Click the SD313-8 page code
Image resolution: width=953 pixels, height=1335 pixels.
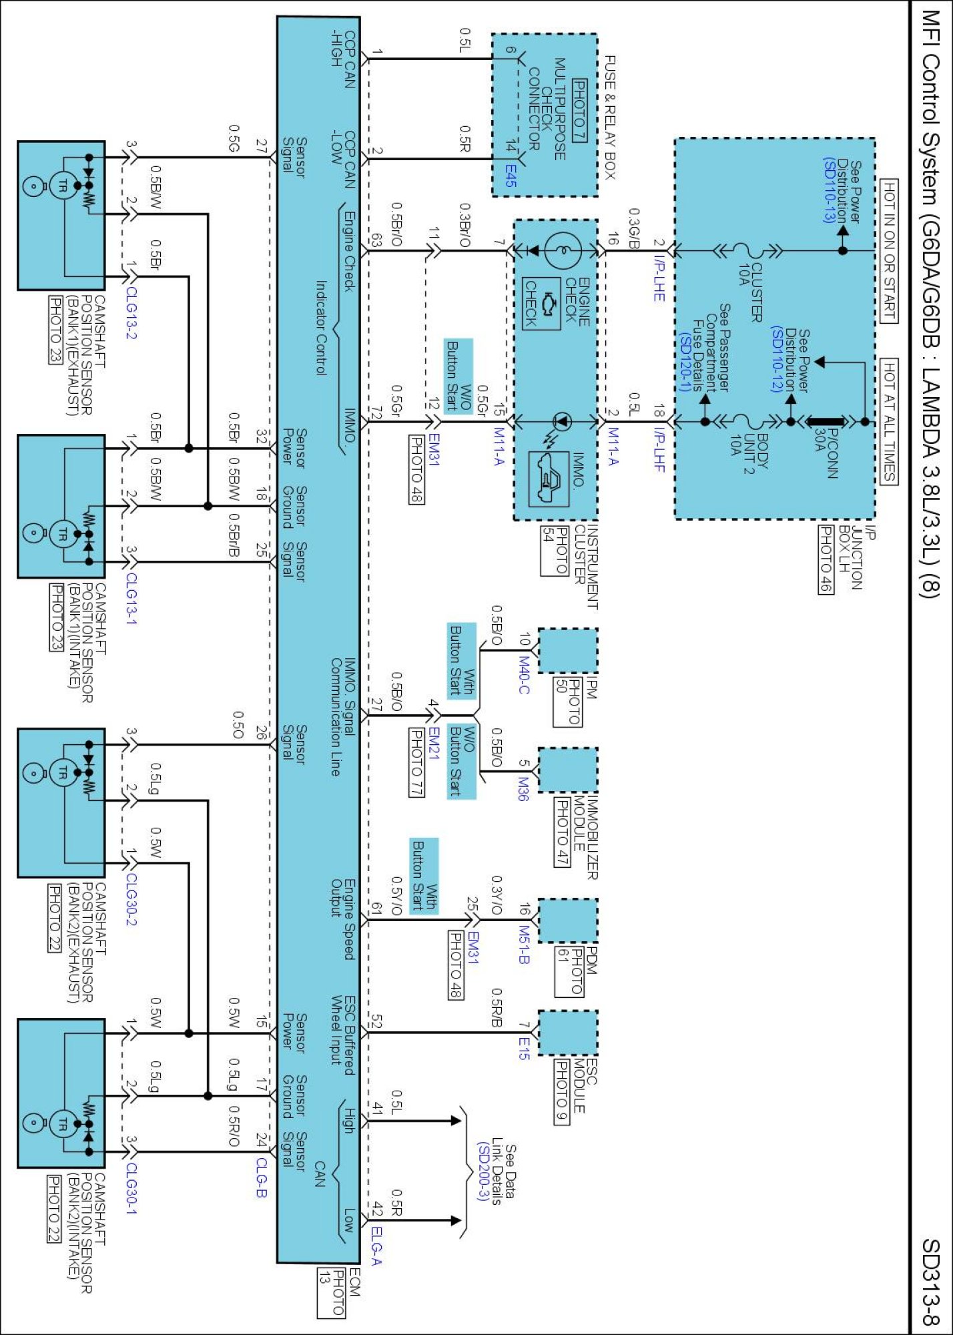pos(931,1281)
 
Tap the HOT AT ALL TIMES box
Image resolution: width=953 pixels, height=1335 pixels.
pos(889,421)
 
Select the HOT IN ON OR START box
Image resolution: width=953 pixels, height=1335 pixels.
pos(889,251)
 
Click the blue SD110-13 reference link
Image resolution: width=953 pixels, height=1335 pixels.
pos(830,190)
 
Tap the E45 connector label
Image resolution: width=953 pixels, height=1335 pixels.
pos(511,176)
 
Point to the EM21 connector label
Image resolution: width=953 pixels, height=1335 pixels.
pos(434,742)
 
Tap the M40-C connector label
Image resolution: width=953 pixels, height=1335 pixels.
pos(524,675)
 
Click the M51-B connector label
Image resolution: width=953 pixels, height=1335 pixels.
pos(524,944)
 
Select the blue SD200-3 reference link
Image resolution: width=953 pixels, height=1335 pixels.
pos(483,1171)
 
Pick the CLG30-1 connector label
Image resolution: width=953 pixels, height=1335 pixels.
pos(131,1188)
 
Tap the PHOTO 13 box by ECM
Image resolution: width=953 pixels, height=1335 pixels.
pos(332,1292)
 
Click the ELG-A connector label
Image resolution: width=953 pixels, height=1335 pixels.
pos(376,1246)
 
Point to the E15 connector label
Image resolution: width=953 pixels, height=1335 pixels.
pos(524,1048)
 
